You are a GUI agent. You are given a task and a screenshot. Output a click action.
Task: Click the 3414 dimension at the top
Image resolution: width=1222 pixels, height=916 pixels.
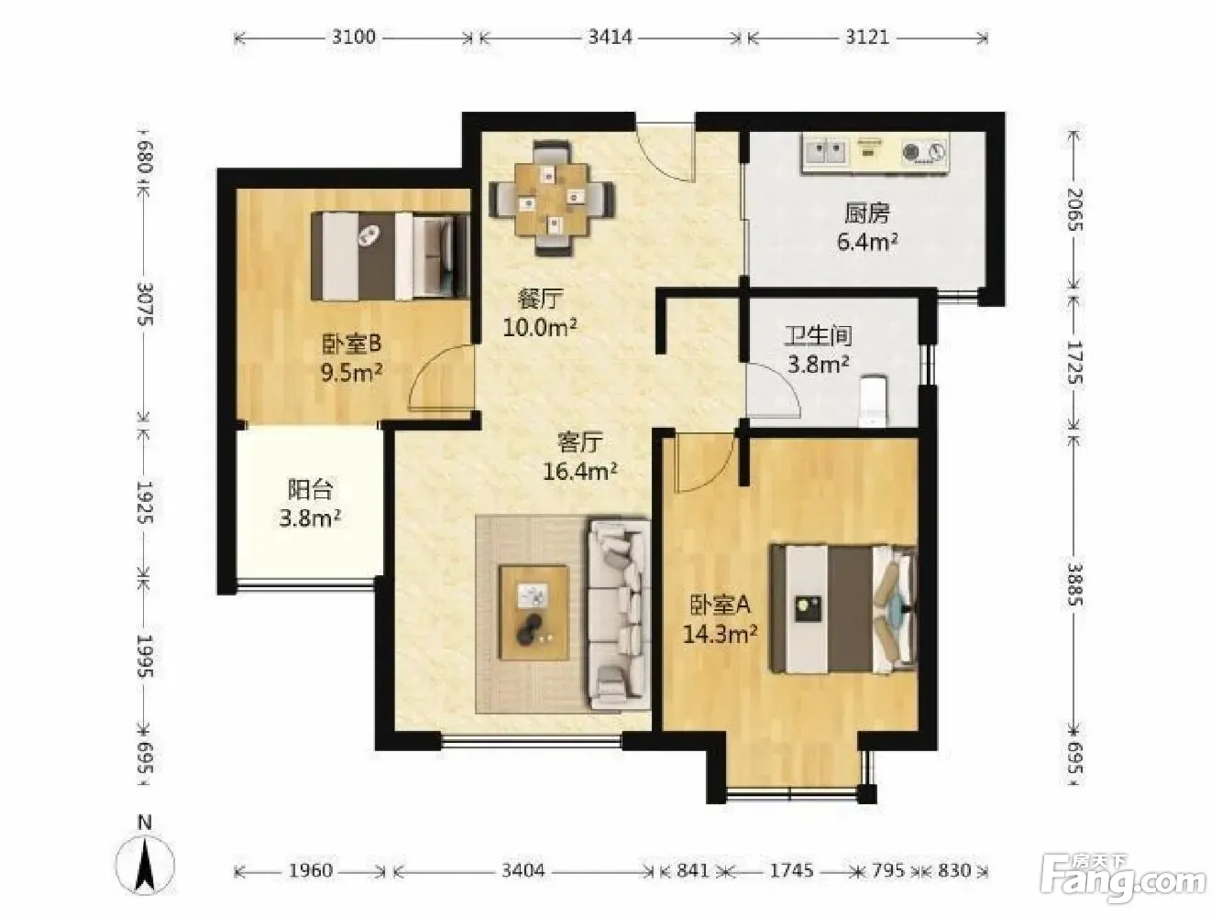[x=611, y=38]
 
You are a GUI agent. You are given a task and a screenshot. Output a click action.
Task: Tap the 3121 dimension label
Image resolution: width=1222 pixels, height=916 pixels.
[x=867, y=38]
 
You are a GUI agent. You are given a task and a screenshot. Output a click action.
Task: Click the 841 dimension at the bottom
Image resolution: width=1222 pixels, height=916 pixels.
[x=693, y=870]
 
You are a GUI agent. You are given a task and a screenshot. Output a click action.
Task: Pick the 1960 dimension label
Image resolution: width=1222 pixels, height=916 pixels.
[x=310, y=870]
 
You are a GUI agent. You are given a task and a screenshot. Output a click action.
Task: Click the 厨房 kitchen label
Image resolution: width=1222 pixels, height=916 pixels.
[x=867, y=213]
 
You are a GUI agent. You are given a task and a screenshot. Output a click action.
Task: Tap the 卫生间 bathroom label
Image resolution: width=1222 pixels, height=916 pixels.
[x=818, y=335]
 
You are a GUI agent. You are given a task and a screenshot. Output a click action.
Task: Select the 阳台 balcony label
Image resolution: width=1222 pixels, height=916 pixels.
[x=310, y=489]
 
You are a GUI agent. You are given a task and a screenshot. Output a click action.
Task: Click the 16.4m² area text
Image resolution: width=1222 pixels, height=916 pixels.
[x=579, y=471]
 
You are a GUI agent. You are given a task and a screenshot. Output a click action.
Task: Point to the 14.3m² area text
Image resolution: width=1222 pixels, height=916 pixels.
[x=720, y=634]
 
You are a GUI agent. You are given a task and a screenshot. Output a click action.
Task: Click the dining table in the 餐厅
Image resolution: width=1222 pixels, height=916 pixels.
[x=551, y=199]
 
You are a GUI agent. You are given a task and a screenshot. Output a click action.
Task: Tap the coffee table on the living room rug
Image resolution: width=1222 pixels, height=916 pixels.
[x=534, y=613]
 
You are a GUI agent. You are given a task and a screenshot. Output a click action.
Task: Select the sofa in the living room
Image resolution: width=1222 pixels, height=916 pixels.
[x=619, y=616]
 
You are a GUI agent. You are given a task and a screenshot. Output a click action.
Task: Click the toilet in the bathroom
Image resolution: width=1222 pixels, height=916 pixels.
[x=873, y=401]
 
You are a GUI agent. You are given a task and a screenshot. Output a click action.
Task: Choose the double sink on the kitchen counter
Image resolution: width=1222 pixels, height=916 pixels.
[x=826, y=151]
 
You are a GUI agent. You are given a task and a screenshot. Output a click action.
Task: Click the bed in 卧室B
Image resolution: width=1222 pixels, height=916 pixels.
[x=391, y=256]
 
